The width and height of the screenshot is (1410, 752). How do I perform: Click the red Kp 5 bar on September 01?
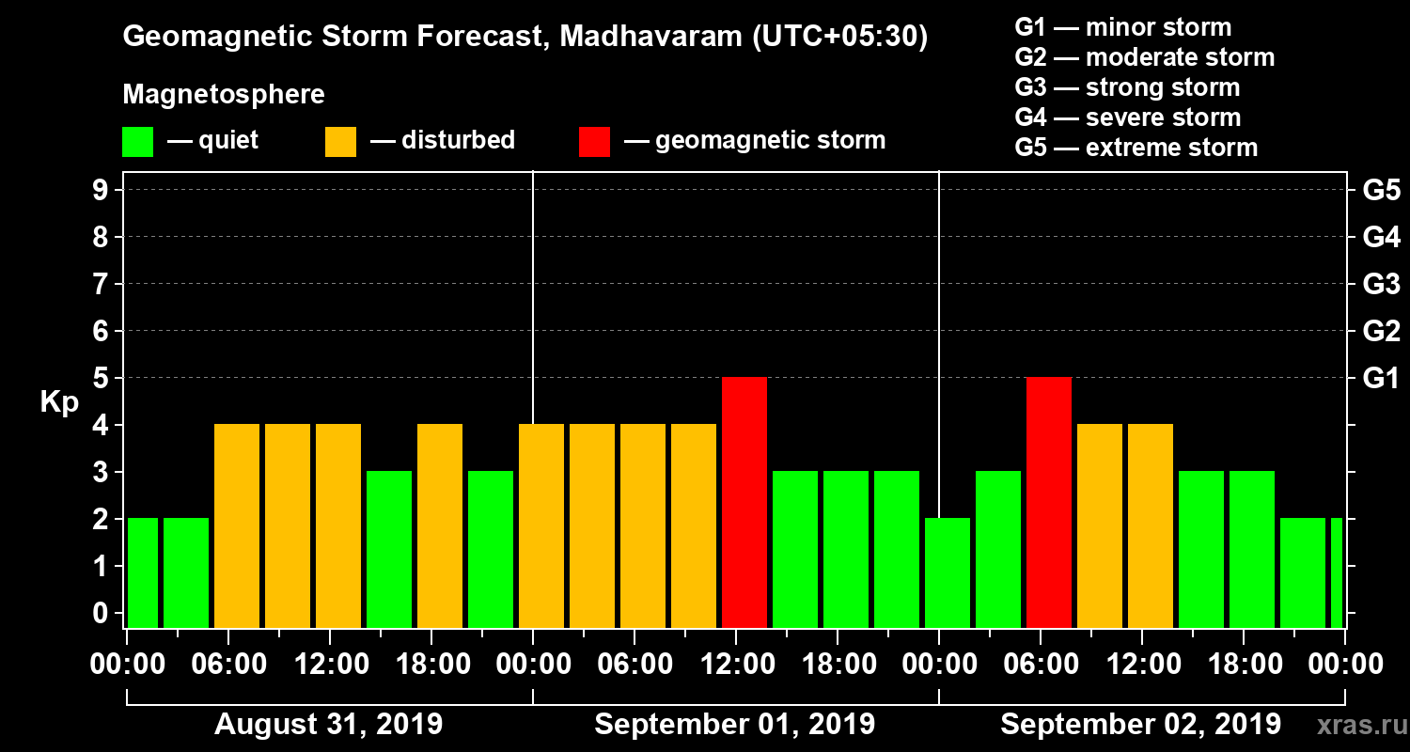click(x=744, y=502)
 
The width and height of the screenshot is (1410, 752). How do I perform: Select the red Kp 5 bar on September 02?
click(x=1049, y=502)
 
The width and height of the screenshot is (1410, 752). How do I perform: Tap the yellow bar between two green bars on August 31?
click(x=440, y=525)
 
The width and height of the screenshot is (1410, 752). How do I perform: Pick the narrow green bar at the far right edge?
click(x=1337, y=572)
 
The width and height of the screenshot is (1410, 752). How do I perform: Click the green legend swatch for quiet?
click(x=137, y=142)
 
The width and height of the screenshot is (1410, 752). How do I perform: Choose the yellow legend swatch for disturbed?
click(x=340, y=142)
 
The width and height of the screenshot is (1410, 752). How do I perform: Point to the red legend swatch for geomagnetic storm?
click(x=594, y=142)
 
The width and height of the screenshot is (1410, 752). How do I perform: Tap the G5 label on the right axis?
click(x=1381, y=191)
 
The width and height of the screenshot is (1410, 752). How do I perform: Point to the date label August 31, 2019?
click(x=329, y=725)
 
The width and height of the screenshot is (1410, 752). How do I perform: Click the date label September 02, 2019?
click(x=1140, y=725)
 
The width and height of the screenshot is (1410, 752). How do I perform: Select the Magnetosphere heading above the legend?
click(x=224, y=95)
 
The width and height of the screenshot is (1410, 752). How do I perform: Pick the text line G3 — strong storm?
click(x=1127, y=87)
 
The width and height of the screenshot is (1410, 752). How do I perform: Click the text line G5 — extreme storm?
click(x=1136, y=148)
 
